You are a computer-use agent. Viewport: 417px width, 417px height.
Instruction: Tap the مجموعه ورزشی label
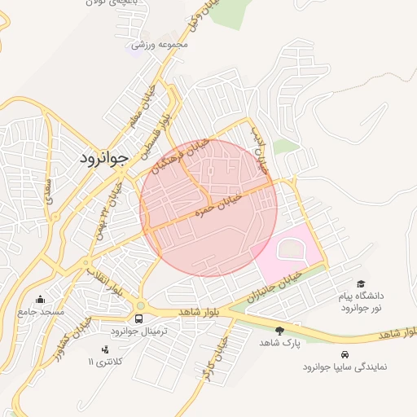tap(160, 43)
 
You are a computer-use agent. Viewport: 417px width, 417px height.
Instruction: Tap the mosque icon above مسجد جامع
tap(41, 298)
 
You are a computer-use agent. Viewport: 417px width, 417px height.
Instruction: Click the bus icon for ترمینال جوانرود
tap(139, 318)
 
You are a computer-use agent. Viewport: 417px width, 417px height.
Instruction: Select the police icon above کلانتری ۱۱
tap(104, 349)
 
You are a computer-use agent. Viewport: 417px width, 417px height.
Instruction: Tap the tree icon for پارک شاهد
tap(280, 331)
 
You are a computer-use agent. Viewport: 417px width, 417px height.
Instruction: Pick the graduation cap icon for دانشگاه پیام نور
tap(361, 283)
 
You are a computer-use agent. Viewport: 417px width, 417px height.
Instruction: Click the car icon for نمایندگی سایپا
tap(345, 354)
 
